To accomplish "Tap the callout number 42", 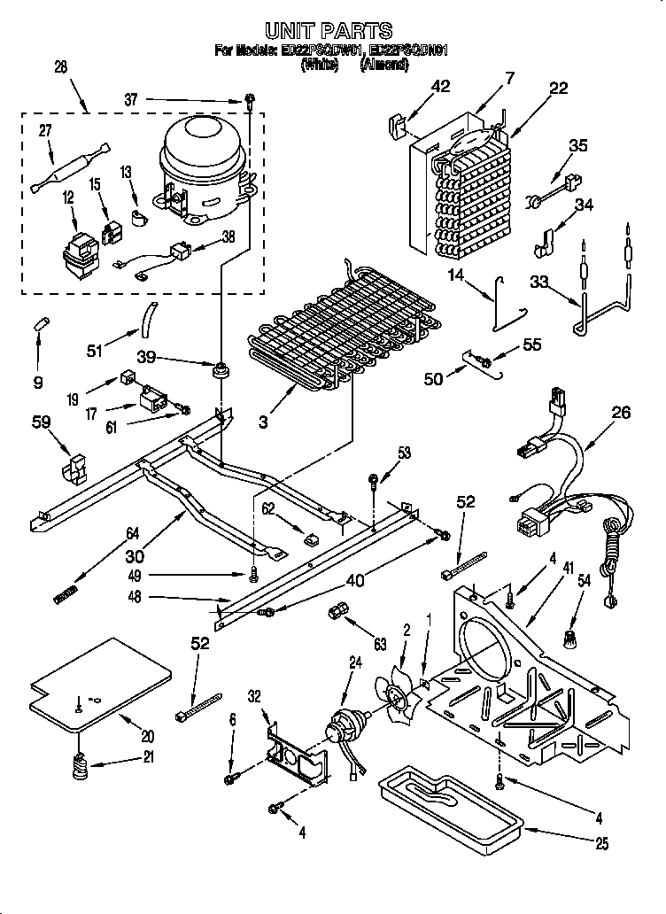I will (x=441, y=86).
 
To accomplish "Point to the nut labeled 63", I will (x=337, y=612).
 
